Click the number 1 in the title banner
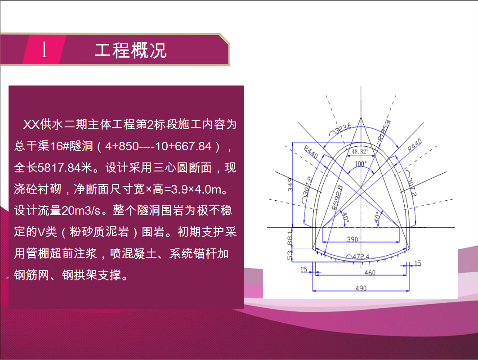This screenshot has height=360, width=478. point(44,49)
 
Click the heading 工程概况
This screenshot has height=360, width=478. point(131,50)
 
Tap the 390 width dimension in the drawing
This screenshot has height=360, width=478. point(352,239)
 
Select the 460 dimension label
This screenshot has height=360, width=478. point(370,272)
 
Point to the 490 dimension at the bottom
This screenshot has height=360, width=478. point(361,288)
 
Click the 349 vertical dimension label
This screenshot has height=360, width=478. point(290,184)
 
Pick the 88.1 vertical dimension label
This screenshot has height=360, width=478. point(290,238)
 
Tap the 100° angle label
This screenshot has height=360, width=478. point(361,163)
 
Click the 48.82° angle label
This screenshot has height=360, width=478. point(360,152)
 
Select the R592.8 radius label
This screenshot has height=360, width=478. point(337,198)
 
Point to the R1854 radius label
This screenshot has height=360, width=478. point(384,130)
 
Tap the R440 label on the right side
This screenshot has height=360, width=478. point(415,145)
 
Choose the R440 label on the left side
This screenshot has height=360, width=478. point(311,152)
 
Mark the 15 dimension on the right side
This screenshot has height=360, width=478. point(418,263)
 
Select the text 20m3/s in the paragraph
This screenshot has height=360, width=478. point(81,211)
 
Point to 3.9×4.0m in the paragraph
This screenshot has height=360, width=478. point(196,189)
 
